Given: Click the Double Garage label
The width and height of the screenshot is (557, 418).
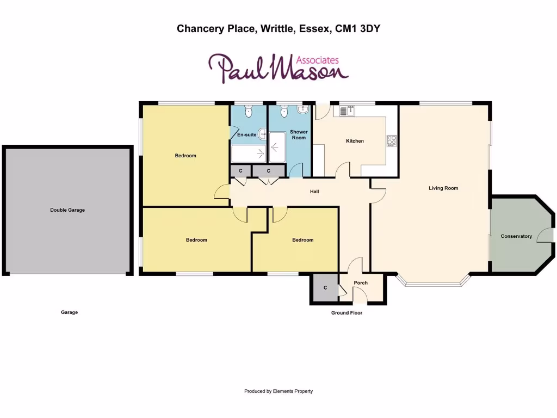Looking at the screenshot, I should point(67,210).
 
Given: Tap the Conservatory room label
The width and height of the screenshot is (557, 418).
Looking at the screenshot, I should point(516,236).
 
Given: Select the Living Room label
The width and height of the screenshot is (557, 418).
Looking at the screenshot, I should point(443,188).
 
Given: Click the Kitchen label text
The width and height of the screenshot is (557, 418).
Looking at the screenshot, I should point(355,141).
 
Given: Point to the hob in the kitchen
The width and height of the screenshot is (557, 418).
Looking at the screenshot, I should point(392,140).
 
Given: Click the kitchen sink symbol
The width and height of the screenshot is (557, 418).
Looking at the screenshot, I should point(347,110).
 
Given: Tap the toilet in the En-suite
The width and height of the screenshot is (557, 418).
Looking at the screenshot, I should point(249,112).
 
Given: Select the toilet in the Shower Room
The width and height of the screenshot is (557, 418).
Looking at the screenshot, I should point(283,112).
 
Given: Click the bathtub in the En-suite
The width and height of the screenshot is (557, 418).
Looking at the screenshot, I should point(248,154).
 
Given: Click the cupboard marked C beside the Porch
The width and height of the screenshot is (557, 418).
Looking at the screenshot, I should point(325,288).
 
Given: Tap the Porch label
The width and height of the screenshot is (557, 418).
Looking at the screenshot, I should point(361,282).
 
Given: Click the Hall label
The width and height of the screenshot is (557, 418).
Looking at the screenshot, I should point(314,192).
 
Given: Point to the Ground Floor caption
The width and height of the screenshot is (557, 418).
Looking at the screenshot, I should point(346,313).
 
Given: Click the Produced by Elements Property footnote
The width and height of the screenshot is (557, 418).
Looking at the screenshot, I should point(278,391).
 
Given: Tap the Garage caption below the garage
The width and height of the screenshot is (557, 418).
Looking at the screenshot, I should point(69,312).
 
